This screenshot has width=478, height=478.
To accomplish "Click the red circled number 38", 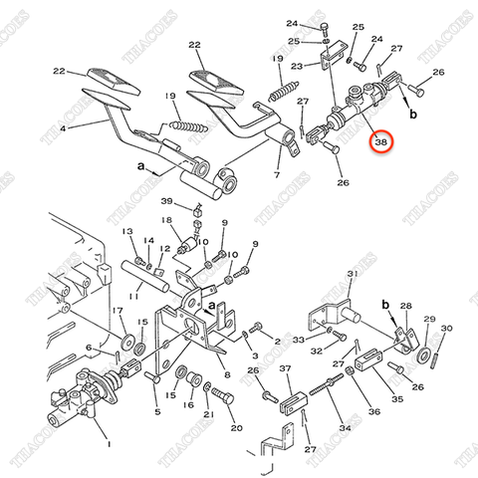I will pos(380,142).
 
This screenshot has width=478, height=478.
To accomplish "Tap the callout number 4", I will pos(65,128).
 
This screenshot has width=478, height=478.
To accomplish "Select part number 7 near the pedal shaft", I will pos(276,175).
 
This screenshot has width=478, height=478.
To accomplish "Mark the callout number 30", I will pos(446,328).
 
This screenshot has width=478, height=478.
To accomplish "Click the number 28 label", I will pos(405,307).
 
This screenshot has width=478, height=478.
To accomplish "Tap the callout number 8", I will pos(227,375).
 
